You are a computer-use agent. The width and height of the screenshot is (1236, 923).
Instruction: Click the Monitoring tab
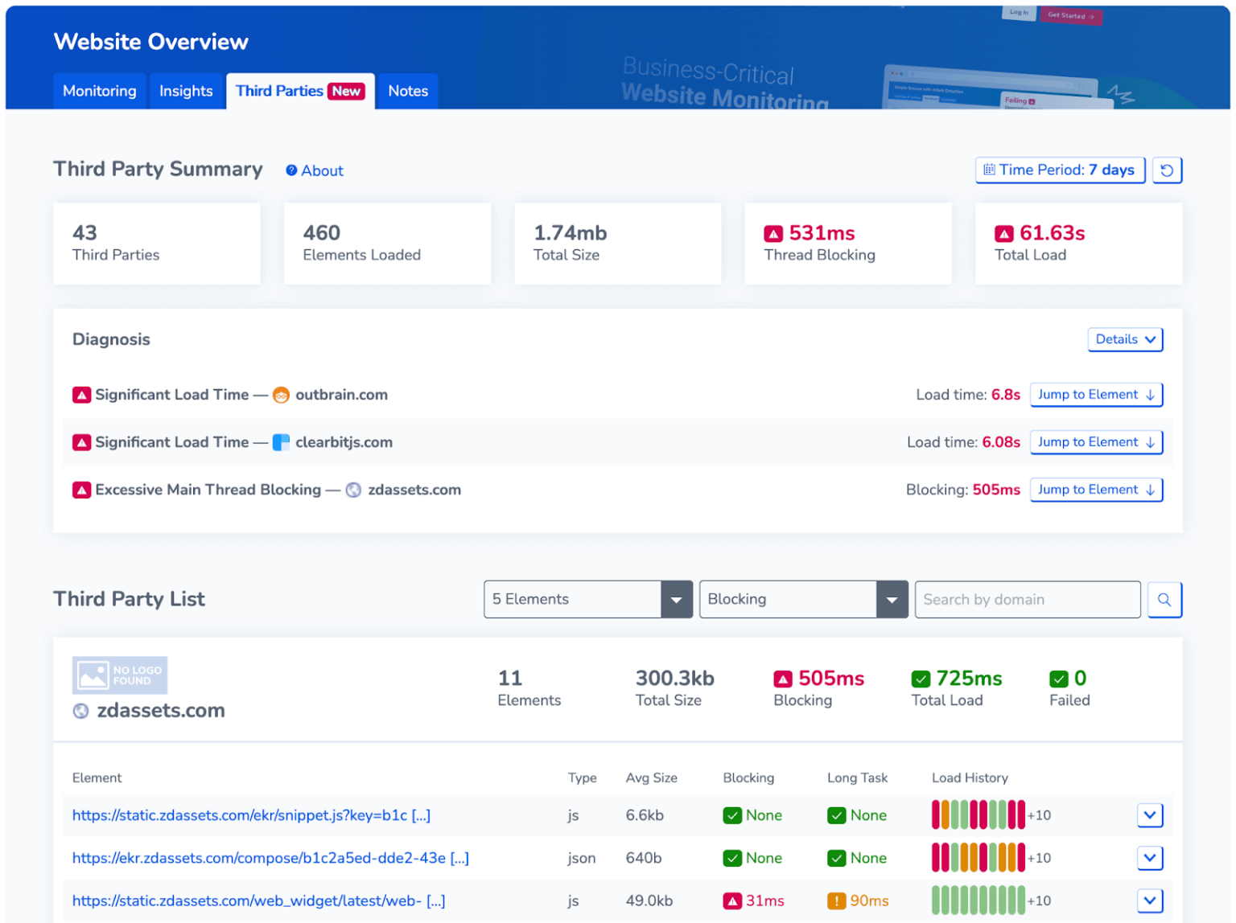click(100, 91)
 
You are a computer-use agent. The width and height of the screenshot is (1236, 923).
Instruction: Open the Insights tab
click(186, 91)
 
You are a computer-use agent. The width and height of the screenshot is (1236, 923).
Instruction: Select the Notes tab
click(408, 91)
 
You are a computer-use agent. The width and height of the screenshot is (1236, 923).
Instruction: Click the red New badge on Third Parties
click(347, 92)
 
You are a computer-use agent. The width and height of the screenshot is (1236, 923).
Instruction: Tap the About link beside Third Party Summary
click(315, 170)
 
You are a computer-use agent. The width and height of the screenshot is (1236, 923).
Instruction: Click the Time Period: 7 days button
click(1060, 170)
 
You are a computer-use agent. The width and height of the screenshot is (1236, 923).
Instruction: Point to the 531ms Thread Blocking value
click(821, 233)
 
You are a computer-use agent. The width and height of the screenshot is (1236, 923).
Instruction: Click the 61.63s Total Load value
click(1052, 233)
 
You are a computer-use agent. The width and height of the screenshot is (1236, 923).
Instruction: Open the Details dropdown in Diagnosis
click(1125, 339)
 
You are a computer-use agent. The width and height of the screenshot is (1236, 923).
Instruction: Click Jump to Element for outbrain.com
click(1096, 395)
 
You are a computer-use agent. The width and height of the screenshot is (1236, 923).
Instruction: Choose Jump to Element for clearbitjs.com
click(1096, 442)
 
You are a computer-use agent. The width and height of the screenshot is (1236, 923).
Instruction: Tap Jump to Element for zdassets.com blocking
click(1096, 490)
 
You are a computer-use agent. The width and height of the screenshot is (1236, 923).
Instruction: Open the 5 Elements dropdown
click(587, 600)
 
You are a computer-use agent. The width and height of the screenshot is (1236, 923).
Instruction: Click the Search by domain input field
click(1027, 600)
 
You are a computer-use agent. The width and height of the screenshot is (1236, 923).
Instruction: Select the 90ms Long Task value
click(868, 901)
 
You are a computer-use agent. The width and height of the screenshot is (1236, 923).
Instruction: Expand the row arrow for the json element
click(1150, 858)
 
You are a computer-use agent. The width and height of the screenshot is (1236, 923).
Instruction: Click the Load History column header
click(970, 778)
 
